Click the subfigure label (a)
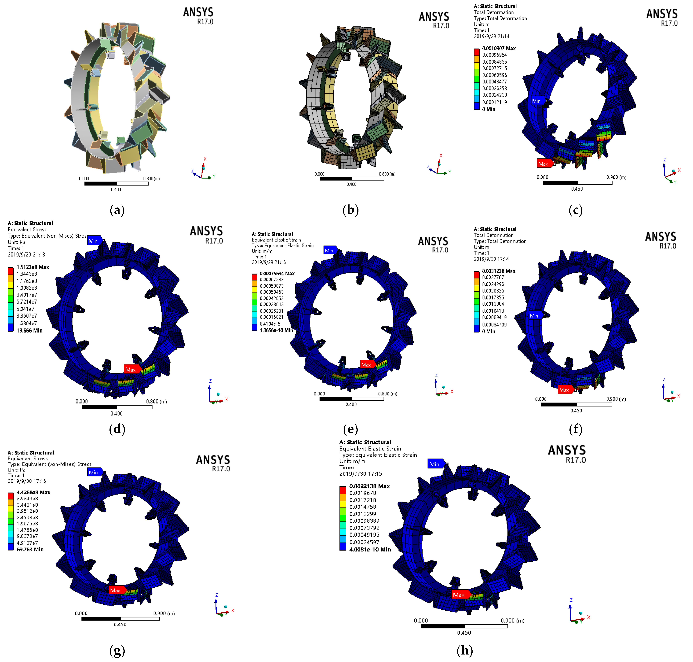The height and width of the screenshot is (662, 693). pos(117,210)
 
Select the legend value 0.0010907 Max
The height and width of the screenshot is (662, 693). pos(499,48)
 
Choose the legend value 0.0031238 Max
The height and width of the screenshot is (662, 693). pos(499,271)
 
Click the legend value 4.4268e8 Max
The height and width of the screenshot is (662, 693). pos(33,492)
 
